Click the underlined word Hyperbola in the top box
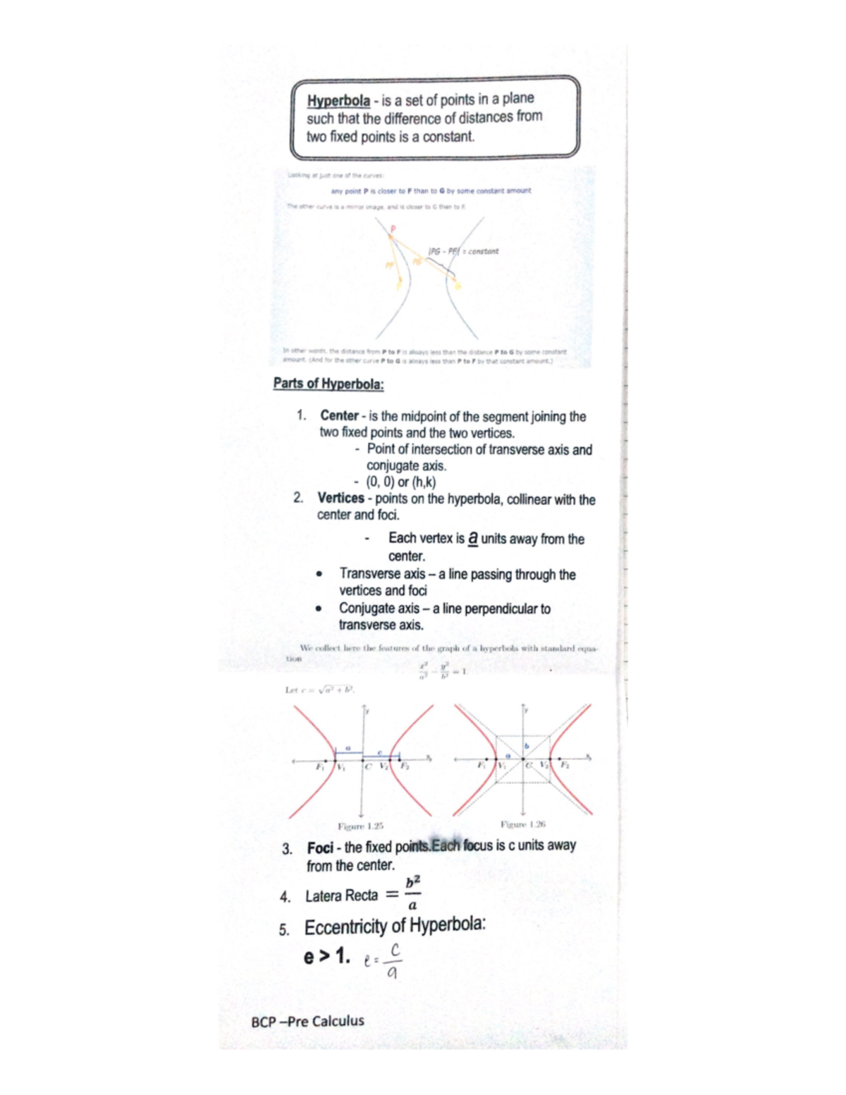[338, 101]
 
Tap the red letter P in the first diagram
[393, 228]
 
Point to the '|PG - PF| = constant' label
[463, 251]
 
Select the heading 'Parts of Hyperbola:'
[329, 384]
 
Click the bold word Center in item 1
[339, 416]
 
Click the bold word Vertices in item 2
[341, 498]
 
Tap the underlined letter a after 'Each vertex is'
[472, 538]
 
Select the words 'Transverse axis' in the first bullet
[382, 574]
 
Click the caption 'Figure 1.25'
[360, 826]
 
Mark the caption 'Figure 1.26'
[522, 824]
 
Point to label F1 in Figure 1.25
[320, 766]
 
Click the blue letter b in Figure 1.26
[526, 745]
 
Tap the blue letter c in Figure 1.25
[379, 752]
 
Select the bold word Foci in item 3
[320, 848]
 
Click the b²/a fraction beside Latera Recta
[412, 893]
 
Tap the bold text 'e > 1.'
[326, 956]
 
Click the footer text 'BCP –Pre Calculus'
[307, 1021]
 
